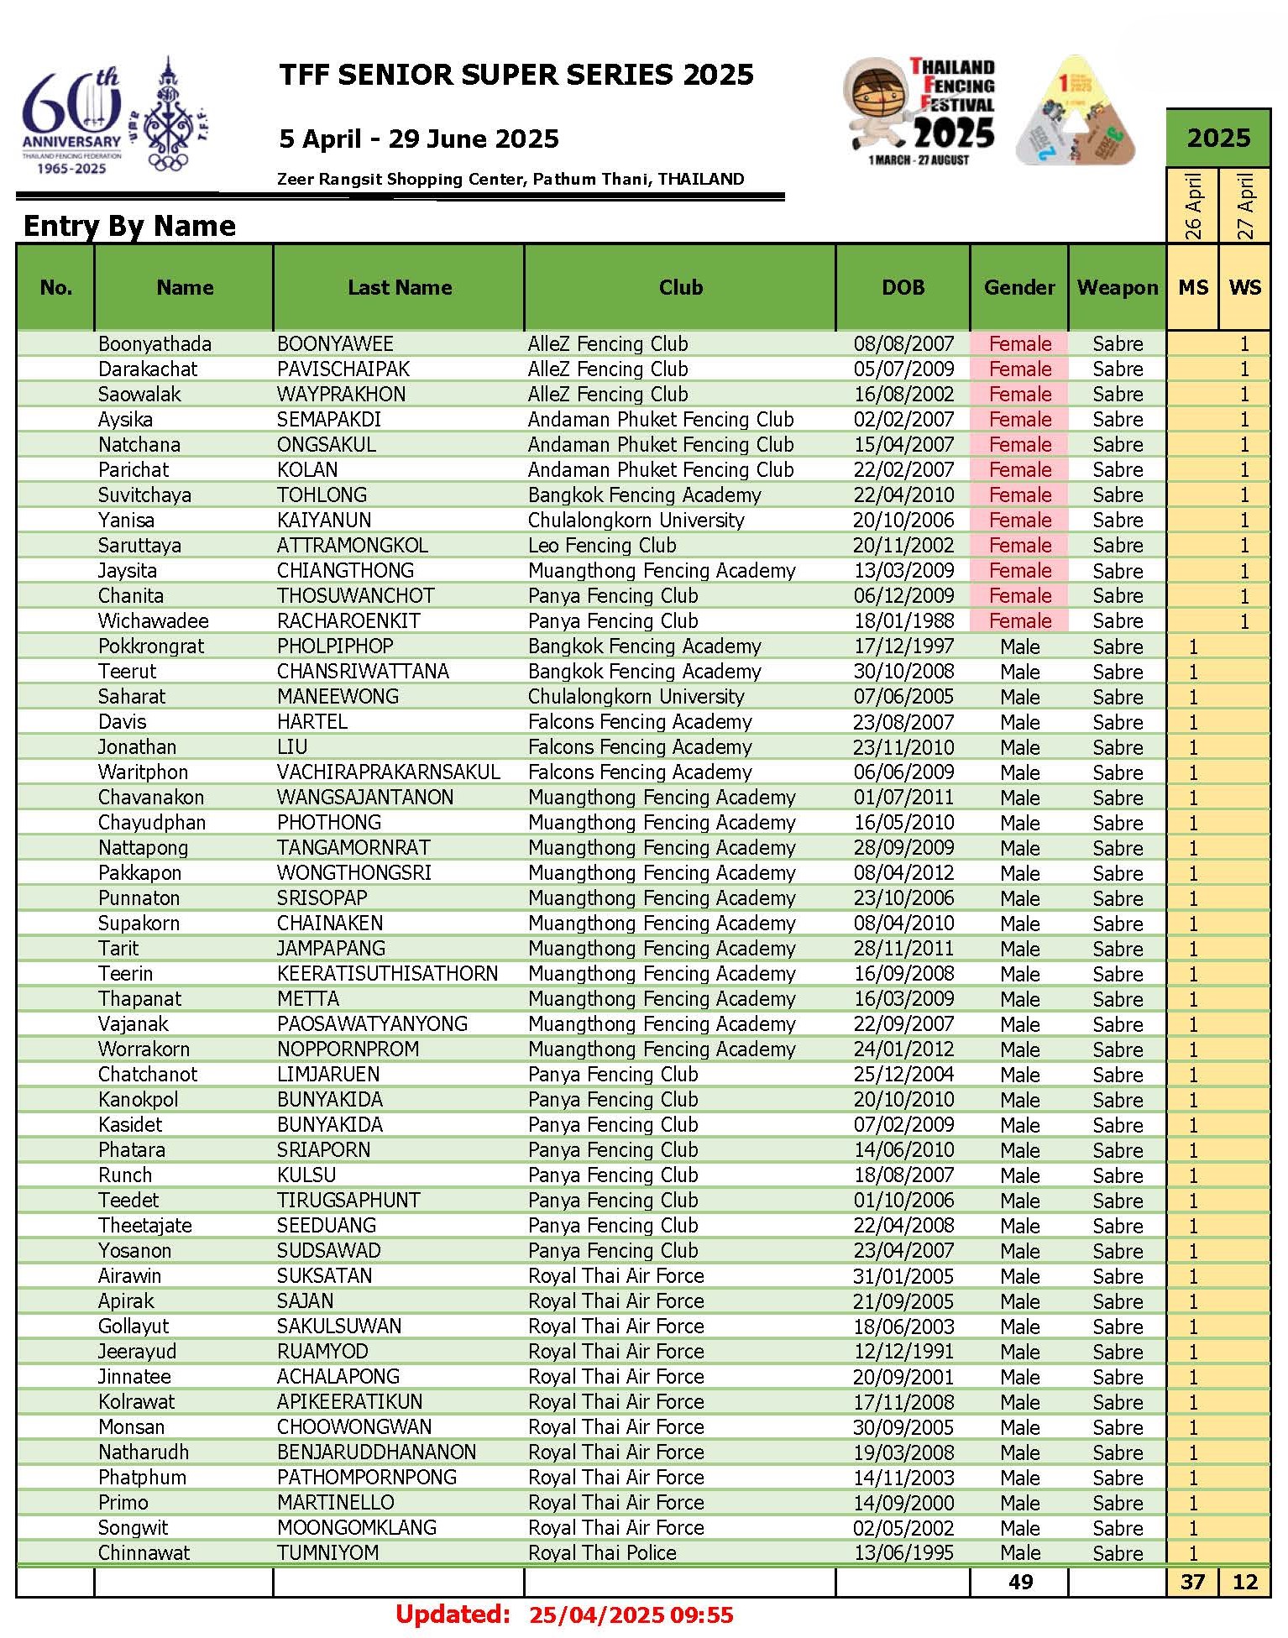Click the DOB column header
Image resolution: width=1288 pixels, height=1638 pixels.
point(903,287)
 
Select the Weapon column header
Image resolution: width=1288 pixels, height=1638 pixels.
point(1117,287)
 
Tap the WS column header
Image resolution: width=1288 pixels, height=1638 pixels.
point(1244,287)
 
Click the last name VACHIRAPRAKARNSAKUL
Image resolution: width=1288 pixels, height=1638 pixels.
point(388,772)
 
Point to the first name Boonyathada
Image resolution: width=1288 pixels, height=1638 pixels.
point(154,343)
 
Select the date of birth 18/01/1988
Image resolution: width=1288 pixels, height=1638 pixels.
point(903,620)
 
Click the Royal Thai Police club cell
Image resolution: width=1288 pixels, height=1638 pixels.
point(602,1552)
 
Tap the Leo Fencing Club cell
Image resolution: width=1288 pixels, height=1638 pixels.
point(602,545)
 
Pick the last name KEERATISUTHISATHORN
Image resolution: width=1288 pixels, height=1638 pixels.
point(387,973)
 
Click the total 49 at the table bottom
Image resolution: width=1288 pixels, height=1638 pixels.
point(1020,1582)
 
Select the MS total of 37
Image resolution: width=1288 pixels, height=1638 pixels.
point(1192,1582)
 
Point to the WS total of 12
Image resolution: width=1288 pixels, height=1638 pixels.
point(1244,1582)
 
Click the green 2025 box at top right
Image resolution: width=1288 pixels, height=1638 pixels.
point(1218,138)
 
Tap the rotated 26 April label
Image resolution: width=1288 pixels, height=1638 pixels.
point(1192,206)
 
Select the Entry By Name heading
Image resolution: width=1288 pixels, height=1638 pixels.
point(129,225)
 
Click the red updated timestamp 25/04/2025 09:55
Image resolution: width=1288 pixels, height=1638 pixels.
point(631,1614)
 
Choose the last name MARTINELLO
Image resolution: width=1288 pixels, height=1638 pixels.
point(335,1502)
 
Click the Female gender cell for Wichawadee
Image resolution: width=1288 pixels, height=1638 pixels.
point(1019,620)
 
